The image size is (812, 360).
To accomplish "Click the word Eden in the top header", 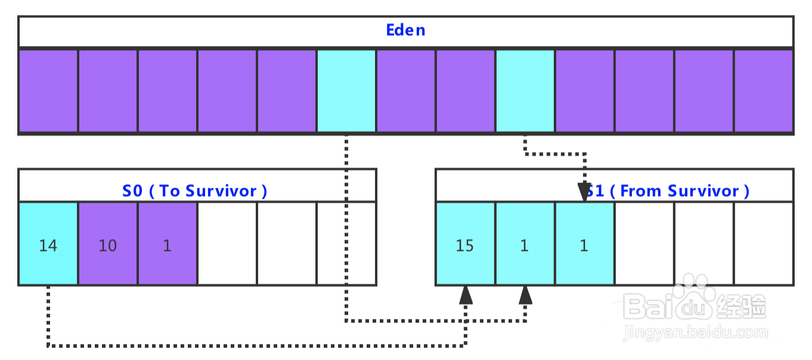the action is pyautogui.click(x=405, y=30).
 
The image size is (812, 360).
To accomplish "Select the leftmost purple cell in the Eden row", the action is pyautogui.click(x=48, y=91).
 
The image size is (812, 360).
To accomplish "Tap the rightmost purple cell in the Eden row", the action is pyautogui.click(x=764, y=91).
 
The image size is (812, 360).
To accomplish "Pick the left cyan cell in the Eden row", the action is pyautogui.click(x=346, y=91).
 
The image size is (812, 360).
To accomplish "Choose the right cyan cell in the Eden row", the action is pyautogui.click(x=525, y=91).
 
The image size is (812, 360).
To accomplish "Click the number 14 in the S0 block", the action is pyautogui.click(x=48, y=246).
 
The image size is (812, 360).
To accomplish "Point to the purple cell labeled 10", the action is pyautogui.click(x=108, y=243).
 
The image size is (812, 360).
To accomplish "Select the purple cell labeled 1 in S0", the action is pyautogui.click(x=168, y=243).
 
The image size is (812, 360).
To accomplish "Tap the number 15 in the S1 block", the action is pyautogui.click(x=465, y=246).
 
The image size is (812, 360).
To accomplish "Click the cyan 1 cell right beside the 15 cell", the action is pyautogui.click(x=525, y=243).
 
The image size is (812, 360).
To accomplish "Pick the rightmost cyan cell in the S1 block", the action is pyautogui.click(x=584, y=243).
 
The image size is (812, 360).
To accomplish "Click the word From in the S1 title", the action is pyautogui.click(x=640, y=191).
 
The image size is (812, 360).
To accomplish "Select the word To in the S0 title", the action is pyautogui.click(x=170, y=191).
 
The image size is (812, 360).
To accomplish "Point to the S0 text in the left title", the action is pyautogui.click(x=132, y=191).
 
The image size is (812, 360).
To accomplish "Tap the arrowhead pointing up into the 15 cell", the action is pyautogui.click(x=466, y=295).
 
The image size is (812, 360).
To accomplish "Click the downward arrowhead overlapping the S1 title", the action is pyautogui.click(x=584, y=192).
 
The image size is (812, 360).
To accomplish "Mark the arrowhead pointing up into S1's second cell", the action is pyautogui.click(x=525, y=295).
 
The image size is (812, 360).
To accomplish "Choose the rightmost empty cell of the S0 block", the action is pyautogui.click(x=346, y=243).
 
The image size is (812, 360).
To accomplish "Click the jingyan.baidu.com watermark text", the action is pyautogui.click(x=695, y=333).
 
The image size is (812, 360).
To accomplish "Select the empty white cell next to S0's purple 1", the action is pyautogui.click(x=227, y=243).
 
